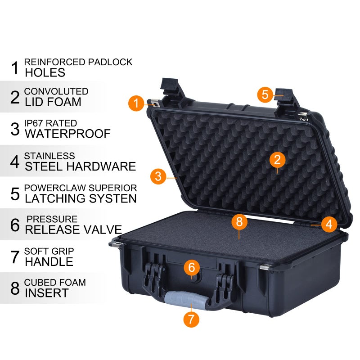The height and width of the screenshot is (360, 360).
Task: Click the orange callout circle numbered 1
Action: (135, 103)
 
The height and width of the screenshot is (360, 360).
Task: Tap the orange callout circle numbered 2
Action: (277, 159)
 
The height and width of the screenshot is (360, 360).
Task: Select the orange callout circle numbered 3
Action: (157, 176)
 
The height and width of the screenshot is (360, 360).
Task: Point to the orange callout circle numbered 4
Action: (329, 224)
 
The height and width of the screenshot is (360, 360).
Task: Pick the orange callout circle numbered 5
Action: (265, 94)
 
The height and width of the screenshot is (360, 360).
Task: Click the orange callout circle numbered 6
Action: (192, 267)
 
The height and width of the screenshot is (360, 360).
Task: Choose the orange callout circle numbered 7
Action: (191, 319)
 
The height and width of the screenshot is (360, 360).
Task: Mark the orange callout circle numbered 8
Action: (239, 221)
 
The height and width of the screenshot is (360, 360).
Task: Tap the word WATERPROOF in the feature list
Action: (67, 134)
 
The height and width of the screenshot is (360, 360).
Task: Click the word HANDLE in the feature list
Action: (49, 261)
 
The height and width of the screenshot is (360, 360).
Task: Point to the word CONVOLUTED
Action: (56, 91)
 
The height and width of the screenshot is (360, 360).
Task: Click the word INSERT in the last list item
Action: (46, 293)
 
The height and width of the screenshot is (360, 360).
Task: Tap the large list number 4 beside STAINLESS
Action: (15, 162)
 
